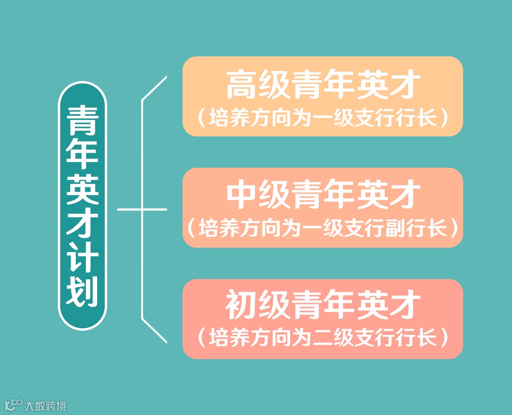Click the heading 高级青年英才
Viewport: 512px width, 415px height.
click(323, 85)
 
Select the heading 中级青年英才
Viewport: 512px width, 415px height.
click(323, 195)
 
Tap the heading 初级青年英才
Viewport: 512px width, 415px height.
click(323, 306)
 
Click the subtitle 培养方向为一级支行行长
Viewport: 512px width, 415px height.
click(323, 118)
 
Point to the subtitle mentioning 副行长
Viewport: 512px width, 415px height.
click(323, 229)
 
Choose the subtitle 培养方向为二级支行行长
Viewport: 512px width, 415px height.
click(323, 339)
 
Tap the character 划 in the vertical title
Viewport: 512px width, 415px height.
click(82, 291)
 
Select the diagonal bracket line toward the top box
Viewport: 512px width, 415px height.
click(155, 88)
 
